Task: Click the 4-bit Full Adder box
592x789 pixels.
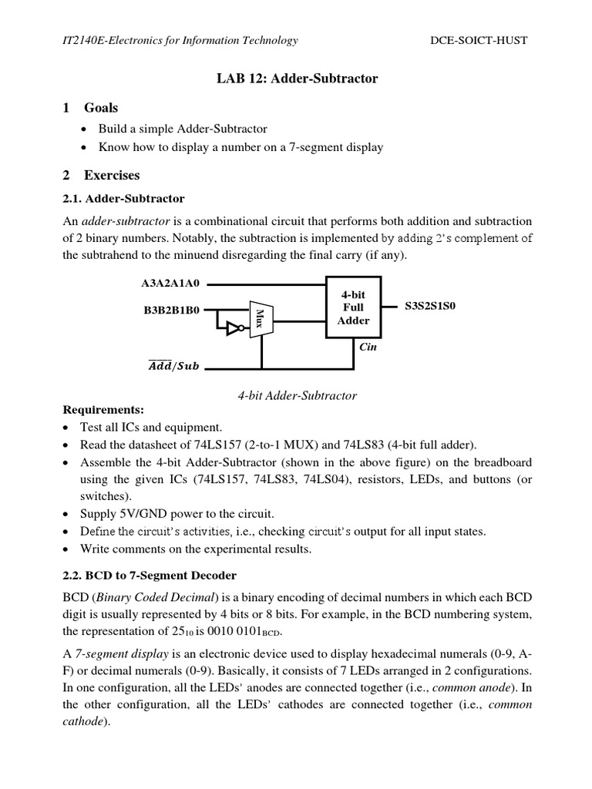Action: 353,307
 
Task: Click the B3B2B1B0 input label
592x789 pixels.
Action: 170,311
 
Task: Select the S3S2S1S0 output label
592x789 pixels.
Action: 431,306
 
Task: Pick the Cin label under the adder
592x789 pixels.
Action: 368,347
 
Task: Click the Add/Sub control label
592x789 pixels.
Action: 173,366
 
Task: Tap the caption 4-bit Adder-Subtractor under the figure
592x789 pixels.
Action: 297,395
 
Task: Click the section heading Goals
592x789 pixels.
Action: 101,108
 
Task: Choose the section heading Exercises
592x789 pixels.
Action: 112,175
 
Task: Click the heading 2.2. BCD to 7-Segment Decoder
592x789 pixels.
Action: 149,575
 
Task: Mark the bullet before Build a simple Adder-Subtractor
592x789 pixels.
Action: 86,129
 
